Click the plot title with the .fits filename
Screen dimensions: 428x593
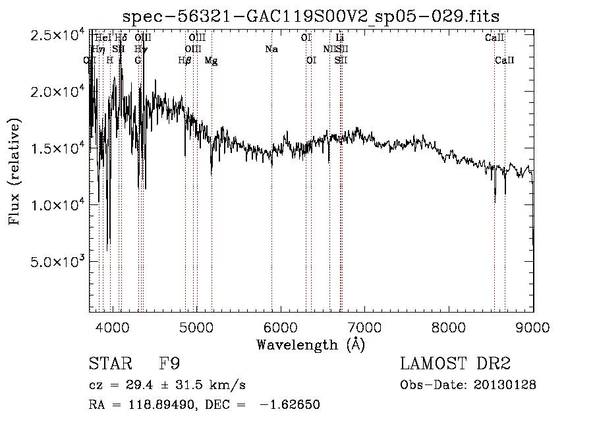pyautogui.click(x=311, y=16)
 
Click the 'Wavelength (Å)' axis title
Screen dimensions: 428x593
pyautogui.click(x=310, y=344)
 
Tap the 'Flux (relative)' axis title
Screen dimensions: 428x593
pyautogui.click(x=14, y=171)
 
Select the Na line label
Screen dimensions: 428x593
pyautogui.click(x=271, y=49)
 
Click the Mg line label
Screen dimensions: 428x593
pyautogui.click(x=211, y=61)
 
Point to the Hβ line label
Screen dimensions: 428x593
pyautogui.click(x=185, y=61)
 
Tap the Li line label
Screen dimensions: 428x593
pyautogui.click(x=340, y=38)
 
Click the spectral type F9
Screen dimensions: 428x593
pyautogui.click(x=170, y=364)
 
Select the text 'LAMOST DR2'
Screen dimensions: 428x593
pyautogui.click(x=455, y=364)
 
